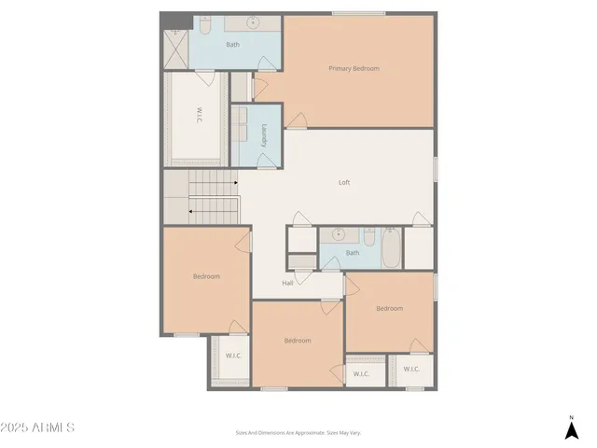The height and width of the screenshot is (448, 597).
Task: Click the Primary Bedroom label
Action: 354,67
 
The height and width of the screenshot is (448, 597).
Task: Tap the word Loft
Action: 343,183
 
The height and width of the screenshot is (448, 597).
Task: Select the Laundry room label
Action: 265,136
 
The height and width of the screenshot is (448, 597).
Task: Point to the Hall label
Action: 288,283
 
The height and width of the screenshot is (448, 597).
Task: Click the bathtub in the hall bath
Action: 392,247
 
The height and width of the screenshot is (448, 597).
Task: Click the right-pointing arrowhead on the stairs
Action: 236,183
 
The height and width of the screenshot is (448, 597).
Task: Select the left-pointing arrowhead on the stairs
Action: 191,211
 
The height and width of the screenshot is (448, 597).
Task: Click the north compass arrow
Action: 571,429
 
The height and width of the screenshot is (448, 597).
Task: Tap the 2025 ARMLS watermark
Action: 37,427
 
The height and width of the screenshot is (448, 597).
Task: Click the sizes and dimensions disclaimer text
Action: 298,432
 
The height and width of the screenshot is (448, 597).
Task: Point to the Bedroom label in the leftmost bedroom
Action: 206,276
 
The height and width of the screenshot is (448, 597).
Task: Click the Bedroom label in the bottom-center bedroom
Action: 297,341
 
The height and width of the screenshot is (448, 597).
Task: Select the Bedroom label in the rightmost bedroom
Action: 389,308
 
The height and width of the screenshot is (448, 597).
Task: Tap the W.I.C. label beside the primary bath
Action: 199,116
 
